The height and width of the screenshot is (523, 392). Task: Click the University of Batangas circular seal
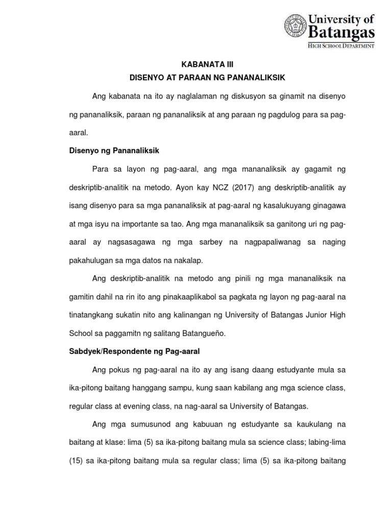click(296, 31)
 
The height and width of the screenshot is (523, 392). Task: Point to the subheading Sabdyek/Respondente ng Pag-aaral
click(134, 351)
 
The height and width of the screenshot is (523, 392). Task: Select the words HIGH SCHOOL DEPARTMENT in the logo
click(341, 45)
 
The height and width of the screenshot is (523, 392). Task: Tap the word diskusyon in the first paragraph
click(228, 97)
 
